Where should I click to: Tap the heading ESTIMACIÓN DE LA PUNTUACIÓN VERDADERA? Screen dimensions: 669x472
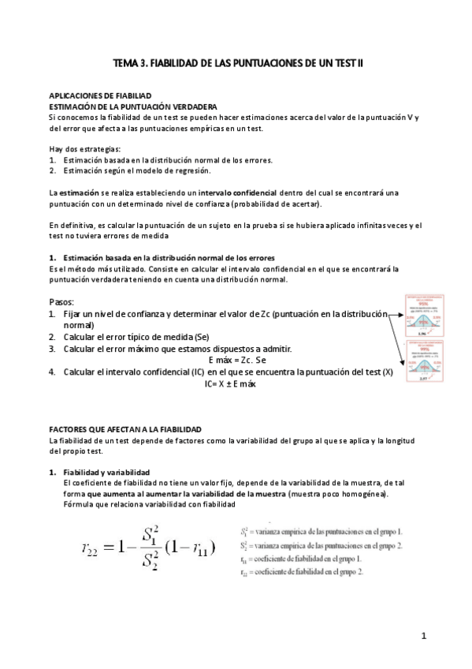click(127, 106)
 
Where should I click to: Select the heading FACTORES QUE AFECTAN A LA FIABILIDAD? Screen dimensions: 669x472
click(126, 428)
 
